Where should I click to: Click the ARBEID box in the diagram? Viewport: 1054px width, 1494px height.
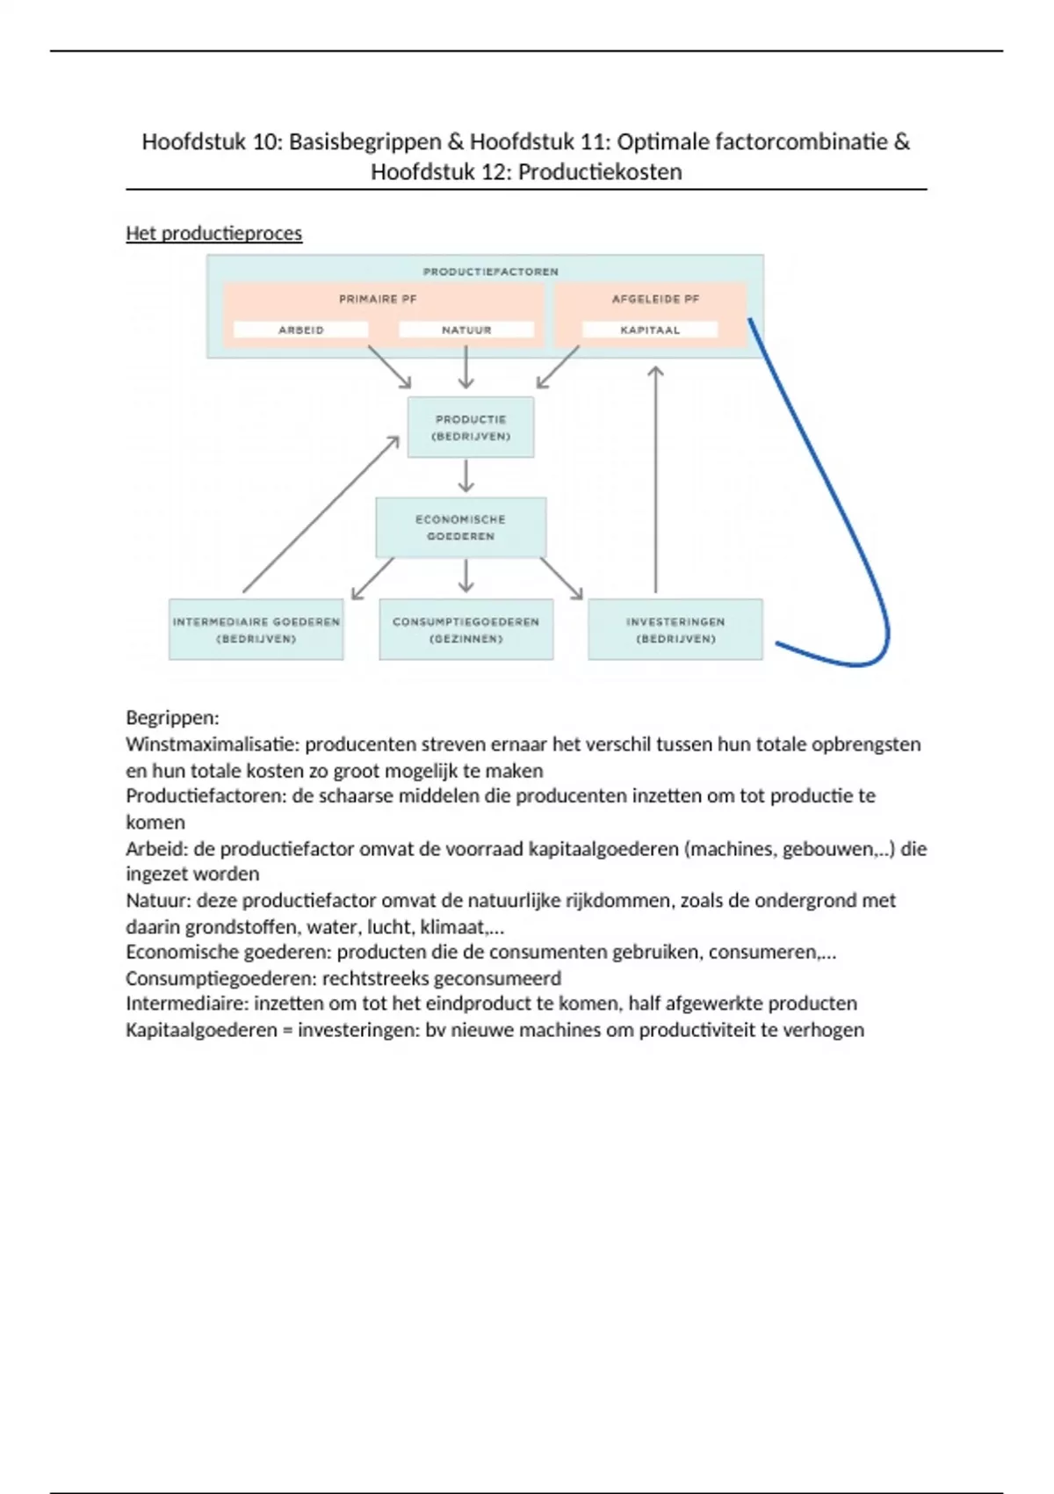[x=300, y=330]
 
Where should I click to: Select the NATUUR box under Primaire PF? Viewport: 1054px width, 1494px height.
[x=466, y=330]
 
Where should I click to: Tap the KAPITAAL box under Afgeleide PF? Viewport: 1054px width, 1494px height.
[x=650, y=330]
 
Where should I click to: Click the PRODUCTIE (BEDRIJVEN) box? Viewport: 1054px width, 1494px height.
[x=471, y=427]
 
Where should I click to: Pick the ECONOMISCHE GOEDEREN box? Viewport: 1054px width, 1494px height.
[x=461, y=527]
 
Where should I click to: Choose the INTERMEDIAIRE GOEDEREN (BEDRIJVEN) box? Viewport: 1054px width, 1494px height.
[x=256, y=629]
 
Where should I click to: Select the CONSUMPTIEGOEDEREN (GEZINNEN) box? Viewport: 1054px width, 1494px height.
[x=466, y=629]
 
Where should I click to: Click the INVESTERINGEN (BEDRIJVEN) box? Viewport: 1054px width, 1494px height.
[x=675, y=629]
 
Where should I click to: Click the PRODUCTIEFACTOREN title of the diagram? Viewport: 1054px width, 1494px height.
[x=490, y=272]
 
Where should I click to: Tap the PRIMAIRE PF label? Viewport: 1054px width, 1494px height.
[x=378, y=299]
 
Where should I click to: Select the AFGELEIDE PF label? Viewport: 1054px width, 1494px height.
[x=655, y=299]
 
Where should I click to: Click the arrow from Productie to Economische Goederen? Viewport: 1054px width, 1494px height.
[x=466, y=475]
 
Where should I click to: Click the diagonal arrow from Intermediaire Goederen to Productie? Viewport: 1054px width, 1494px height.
[x=321, y=515]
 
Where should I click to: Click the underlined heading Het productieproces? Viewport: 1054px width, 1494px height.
[x=214, y=234]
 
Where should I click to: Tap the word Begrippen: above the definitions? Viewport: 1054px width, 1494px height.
[x=172, y=718]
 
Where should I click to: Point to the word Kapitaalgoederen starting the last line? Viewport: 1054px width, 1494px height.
[x=201, y=1030]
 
